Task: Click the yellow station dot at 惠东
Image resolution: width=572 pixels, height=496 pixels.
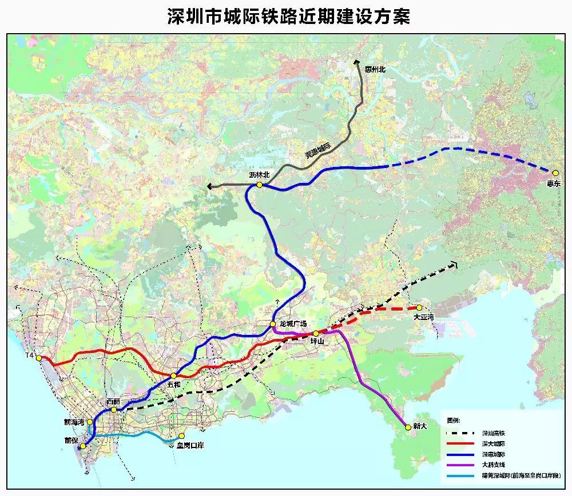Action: point(555,173)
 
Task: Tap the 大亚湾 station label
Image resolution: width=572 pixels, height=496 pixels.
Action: point(423,316)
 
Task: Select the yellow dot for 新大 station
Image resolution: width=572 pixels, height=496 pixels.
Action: point(408,426)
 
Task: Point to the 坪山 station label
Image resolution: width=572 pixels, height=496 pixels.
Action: point(316,341)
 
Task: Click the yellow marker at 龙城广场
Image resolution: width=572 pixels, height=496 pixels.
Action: point(273,324)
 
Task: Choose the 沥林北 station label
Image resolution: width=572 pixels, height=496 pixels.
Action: point(259,176)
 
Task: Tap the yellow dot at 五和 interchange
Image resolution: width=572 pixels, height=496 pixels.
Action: point(173,375)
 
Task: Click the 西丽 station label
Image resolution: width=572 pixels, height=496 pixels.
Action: point(113,402)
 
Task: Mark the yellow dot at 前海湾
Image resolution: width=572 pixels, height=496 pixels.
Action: point(90,422)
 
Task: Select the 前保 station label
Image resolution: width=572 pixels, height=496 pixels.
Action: point(71,440)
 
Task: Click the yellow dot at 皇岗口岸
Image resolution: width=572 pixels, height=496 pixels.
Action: point(182,436)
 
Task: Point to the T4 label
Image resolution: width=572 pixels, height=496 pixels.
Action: point(30,356)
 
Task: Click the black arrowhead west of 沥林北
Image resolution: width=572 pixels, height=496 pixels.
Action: point(210,186)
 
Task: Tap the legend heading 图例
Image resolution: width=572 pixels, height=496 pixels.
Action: point(453,421)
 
